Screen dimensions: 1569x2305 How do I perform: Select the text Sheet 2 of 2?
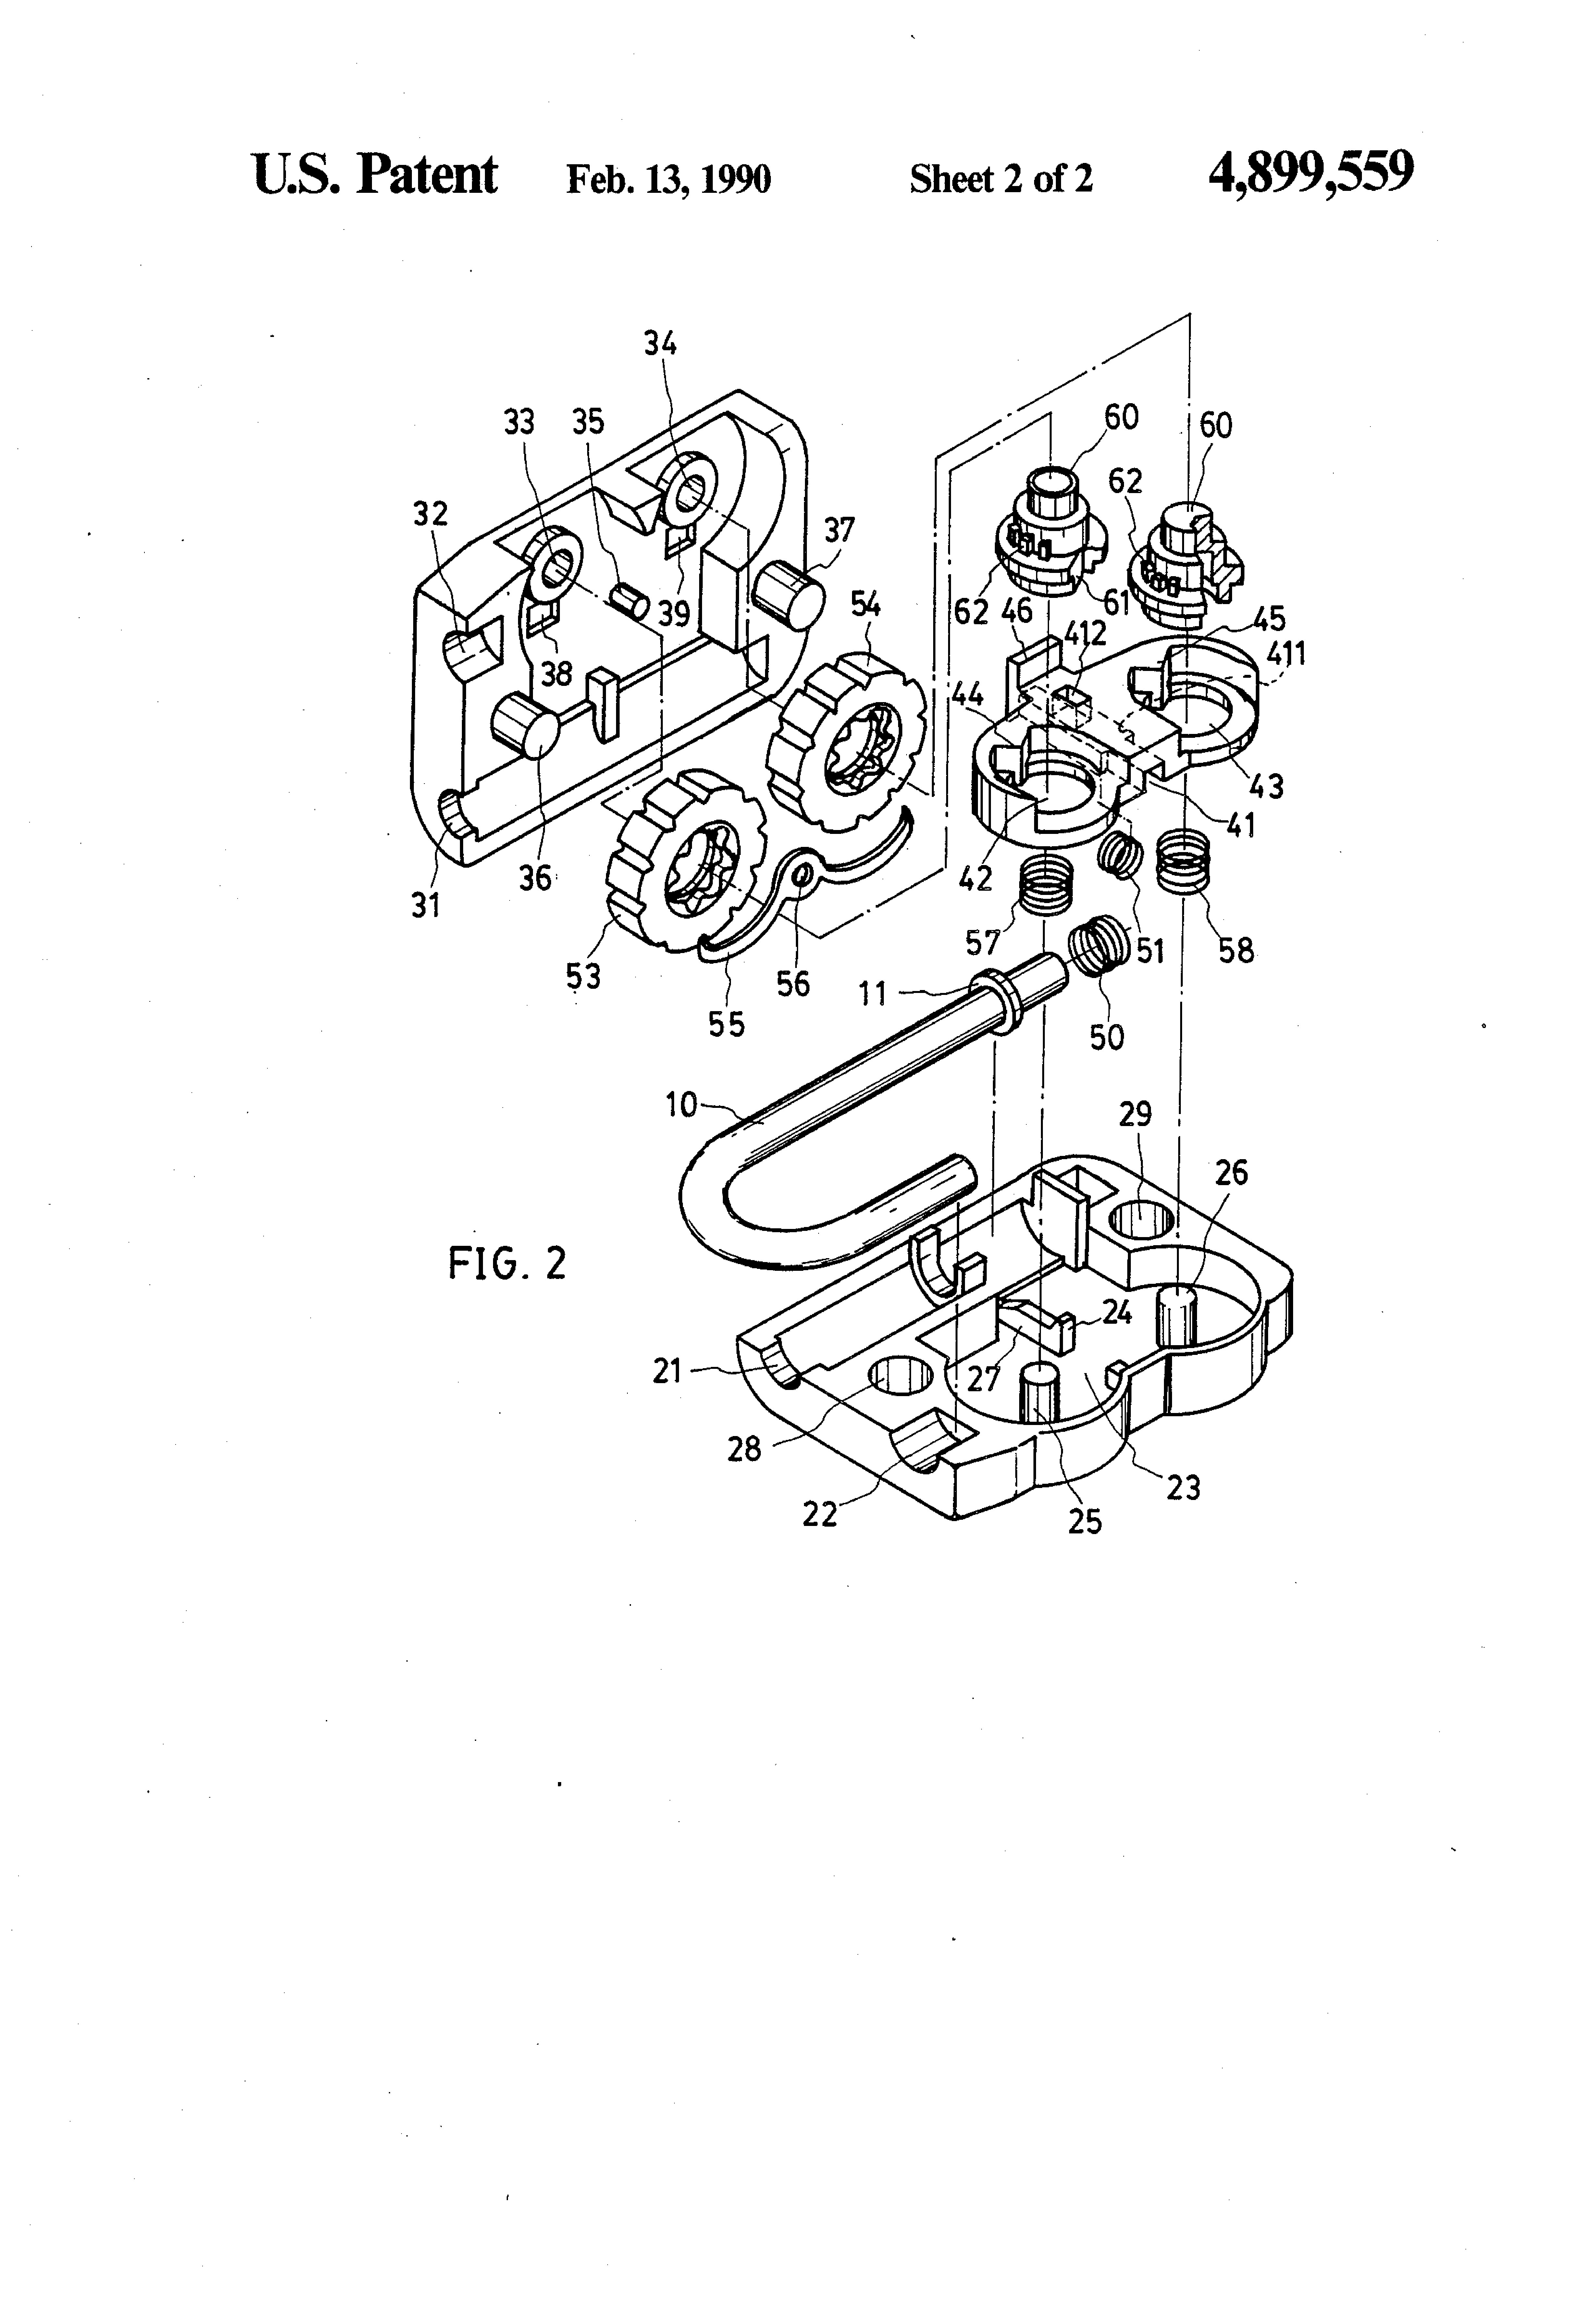pyautogui.click(x=1001, y=179)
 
